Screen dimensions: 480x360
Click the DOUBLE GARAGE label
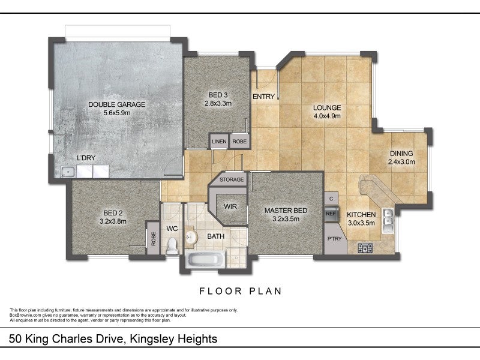[x=116, y=104]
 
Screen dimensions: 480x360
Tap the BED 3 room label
[x=218, y=95]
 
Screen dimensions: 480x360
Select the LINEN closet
[x=219, y=141]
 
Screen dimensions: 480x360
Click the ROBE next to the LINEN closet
[x=239, y=141]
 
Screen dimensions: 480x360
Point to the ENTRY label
[x=263, y=97]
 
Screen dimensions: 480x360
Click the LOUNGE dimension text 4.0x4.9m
[x=327, y=116]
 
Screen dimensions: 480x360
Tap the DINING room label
[x=401, y=154]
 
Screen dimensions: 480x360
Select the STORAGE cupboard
[x=232, y=179]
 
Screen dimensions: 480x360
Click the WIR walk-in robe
[x=230, y=206]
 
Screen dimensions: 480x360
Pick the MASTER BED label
[x=286, y=211]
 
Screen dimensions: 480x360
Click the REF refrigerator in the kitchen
[x=331, y=214]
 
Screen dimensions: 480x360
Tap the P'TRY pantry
[x=334, y=238]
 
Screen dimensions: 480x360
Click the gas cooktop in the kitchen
[x=365, y=248]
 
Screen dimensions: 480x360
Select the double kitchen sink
[x=388, y=221]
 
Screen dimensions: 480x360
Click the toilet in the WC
[x=172, y=246]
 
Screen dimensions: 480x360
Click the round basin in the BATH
[x=191, y=236]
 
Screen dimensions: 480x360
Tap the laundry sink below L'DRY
[x=68, y=172]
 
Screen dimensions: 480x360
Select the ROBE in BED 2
[x=154, y=238]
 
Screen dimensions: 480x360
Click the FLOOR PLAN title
[x=241, y=291]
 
